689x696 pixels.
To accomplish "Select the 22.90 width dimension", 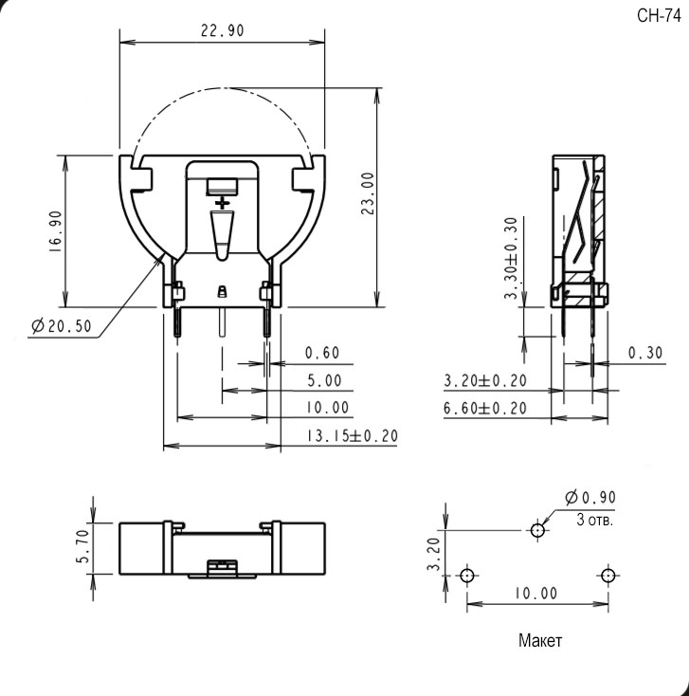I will [223, 30].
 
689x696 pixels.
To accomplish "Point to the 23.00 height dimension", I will [367, 193].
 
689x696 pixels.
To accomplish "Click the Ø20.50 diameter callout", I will [62, 326].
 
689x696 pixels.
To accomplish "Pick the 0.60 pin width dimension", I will [321, 353].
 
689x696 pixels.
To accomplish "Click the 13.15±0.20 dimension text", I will [351, 436].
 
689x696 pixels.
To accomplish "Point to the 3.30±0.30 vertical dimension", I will [512, 259].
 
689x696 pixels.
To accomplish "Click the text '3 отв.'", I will [595, 520].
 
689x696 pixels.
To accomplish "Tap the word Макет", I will [540, 640].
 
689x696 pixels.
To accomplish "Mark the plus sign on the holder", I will [223, 203].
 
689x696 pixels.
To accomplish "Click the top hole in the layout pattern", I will [538, 530].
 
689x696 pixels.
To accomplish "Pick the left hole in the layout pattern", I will [466, 576].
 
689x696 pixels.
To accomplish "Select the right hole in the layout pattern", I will [607, 576].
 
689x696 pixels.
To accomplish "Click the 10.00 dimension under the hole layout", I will [535, 594].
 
